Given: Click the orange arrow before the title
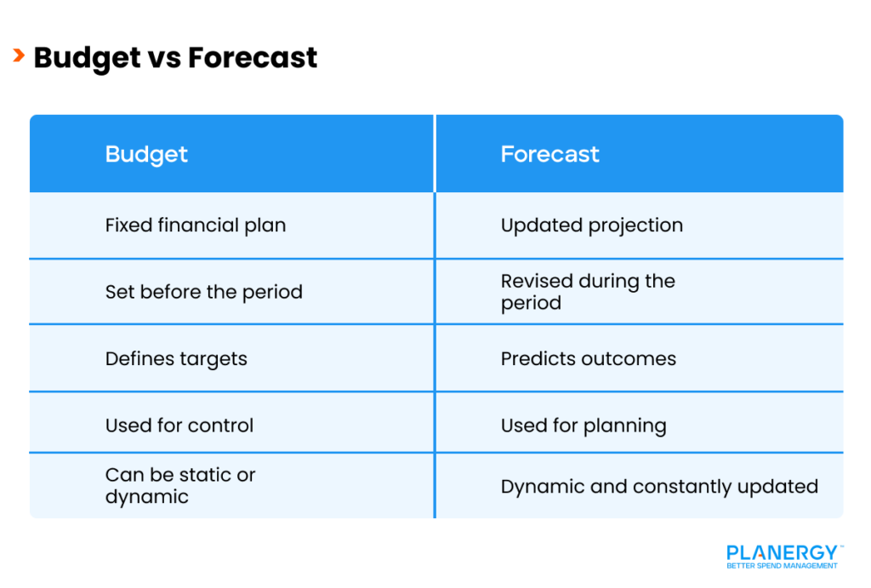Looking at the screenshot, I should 19,56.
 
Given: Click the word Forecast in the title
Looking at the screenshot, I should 253,57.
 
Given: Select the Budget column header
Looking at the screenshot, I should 146,154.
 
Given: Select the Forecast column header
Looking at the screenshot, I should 549,154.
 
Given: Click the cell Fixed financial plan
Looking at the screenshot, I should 195,225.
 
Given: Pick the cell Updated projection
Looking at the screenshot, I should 591,225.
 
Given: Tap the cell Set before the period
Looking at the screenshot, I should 203,292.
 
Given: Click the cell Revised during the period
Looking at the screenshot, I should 587,292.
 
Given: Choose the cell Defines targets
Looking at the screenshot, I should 176,358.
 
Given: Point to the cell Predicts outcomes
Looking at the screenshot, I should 588,358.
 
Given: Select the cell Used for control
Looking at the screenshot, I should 179,425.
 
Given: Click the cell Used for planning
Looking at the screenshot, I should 583,425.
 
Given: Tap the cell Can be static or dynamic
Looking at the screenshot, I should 179,486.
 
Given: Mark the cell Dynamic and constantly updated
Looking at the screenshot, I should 658,487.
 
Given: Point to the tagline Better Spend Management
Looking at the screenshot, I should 782,566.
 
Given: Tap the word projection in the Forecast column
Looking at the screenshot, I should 635,226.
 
